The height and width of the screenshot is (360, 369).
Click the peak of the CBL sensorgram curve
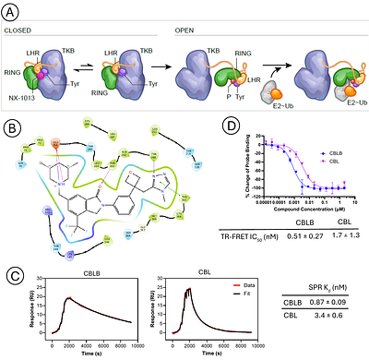click(x=191, y=290)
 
